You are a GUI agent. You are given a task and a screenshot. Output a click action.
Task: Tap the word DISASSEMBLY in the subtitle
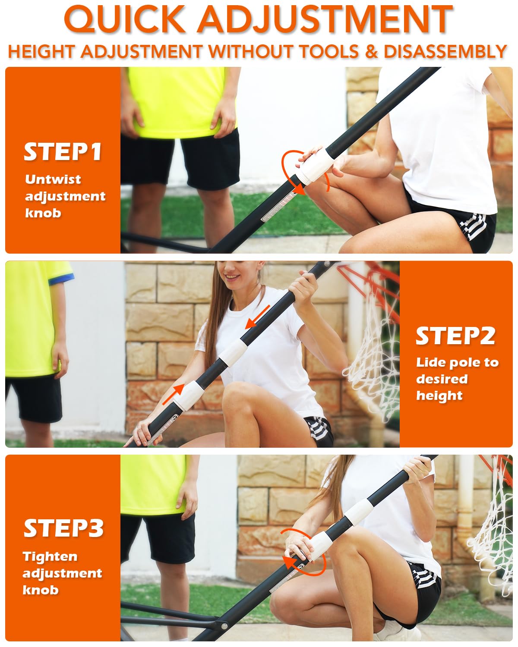[445, 52]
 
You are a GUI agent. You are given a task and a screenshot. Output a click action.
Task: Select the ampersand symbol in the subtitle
[372, 52]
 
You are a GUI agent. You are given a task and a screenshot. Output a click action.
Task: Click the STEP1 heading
[63, 152]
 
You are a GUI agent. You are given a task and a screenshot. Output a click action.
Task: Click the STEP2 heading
[455, 336]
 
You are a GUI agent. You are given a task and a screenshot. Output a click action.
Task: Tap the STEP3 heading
[63, 528]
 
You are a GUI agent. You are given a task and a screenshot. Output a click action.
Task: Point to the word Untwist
[53, 179]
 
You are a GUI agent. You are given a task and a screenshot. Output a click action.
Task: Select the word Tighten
[50, 556]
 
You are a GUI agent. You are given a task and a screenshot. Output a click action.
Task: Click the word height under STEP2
[439, 396]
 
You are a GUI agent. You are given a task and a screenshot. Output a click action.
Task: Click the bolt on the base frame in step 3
[224, 626]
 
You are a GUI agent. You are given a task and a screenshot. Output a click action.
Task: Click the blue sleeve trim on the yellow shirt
[60, 279]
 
